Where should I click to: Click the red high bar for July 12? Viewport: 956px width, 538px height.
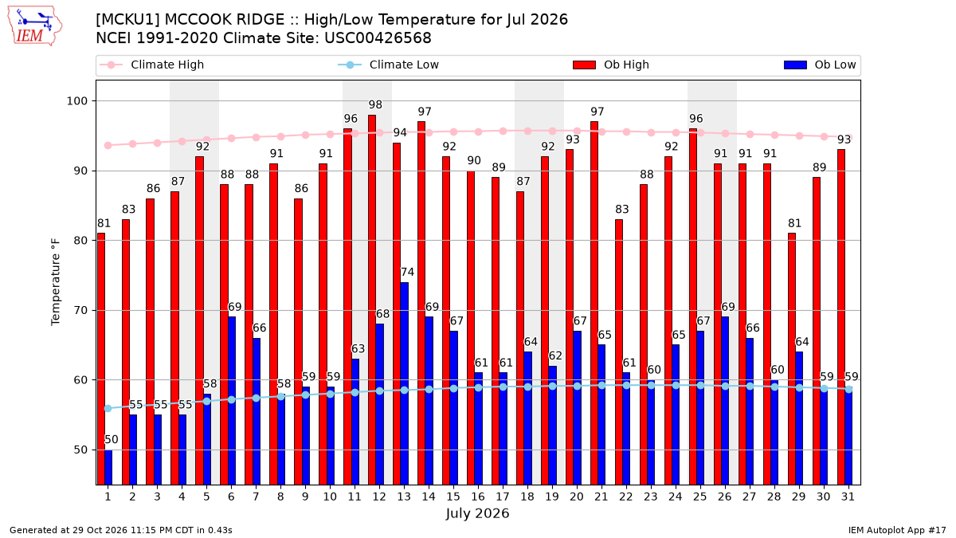tap(372, 300)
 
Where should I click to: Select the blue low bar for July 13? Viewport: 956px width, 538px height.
tap(404, 383)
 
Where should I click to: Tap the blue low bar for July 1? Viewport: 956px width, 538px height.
tap(108, 467)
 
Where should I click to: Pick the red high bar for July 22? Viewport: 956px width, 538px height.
tap(619, 352)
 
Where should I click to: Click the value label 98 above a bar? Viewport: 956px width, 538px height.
tap(375, 104)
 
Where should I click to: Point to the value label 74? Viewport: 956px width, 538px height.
tap(407, 272)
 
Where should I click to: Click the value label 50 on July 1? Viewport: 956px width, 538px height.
tap(111, 439)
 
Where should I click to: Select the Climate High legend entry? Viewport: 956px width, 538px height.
tap(152, 65)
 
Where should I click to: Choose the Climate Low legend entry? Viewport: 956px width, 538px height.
tap(389, 65)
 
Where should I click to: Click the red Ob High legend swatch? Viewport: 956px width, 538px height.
tap(584, 65)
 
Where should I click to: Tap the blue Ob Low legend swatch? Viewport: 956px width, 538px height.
tap(795, 65)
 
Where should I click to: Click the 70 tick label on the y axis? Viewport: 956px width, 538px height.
tap(80, 310)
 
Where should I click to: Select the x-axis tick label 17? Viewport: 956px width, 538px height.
tap(503, 497)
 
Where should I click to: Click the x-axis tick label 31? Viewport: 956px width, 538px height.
tap(848, 497)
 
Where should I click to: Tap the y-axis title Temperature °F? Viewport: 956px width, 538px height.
tap(56, 283)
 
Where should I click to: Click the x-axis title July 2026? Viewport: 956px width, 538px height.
tap(477, 513)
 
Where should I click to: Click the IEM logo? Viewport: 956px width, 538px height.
tap(35, 26)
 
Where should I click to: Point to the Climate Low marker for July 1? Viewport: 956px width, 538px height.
tap(108, 409)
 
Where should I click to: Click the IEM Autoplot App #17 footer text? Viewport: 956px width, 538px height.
tap(897, 530)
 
